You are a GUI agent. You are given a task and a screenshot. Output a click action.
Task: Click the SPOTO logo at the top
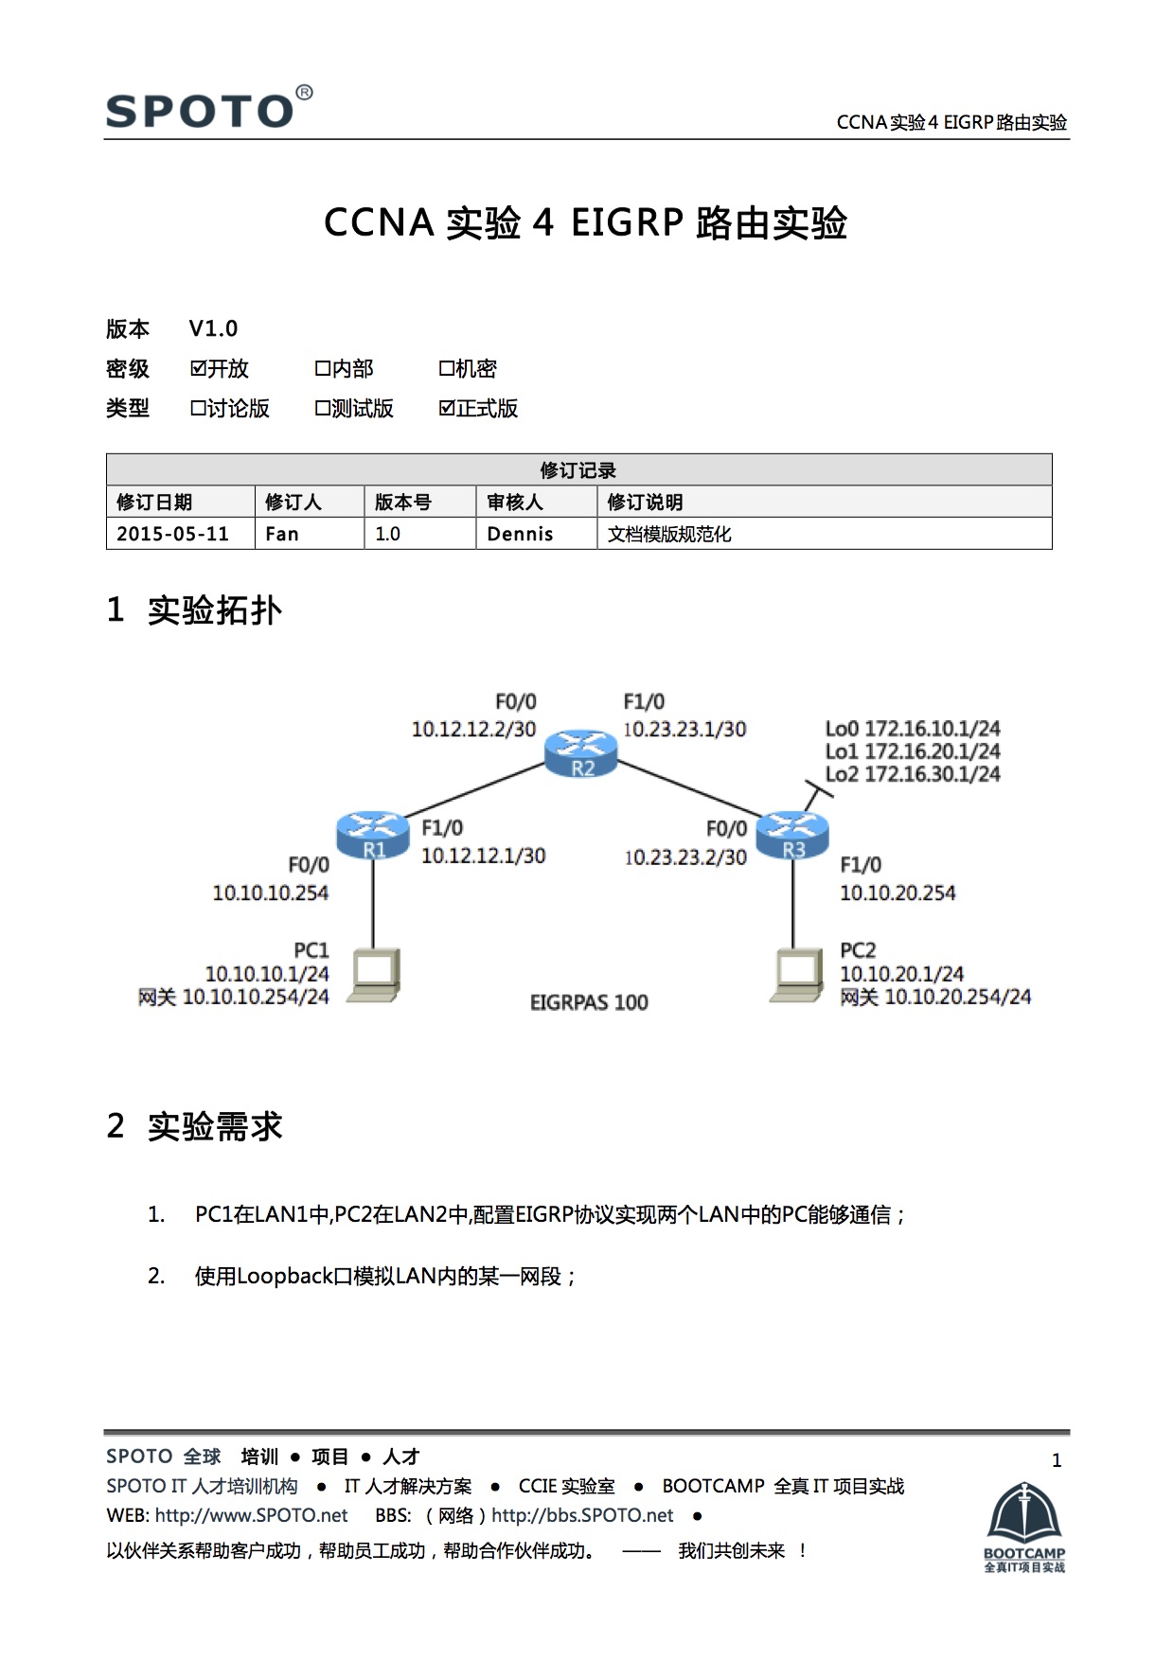pos(208,109)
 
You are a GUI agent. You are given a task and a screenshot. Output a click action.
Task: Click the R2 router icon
pos(581,753)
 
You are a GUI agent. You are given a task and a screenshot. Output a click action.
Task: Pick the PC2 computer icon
pos(795,974)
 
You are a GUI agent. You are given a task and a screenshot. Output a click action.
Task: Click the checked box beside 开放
pos(198,368)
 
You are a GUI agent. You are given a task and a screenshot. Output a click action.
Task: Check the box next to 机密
pos(446,368)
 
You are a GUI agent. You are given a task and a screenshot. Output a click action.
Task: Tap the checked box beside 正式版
pos(447,408)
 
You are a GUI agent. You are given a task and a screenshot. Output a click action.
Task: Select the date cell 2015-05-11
pos(172,534)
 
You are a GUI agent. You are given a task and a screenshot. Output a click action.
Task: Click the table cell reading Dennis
pos(520,534)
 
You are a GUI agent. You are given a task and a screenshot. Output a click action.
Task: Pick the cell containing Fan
pos(282,534)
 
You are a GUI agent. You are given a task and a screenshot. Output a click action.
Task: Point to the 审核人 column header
pos(514,502)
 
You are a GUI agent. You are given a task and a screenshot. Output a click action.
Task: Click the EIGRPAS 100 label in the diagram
pos(589,1002)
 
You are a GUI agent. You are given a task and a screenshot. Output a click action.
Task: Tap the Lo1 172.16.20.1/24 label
pos(913,751)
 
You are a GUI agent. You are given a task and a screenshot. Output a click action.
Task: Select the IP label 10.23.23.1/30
pos(684,730)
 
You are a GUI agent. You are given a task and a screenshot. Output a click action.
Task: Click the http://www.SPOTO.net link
pos(251,1515)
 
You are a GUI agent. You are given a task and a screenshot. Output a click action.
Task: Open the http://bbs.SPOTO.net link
pos(582,1515)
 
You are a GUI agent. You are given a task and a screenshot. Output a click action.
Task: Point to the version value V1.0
pos(213,328)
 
